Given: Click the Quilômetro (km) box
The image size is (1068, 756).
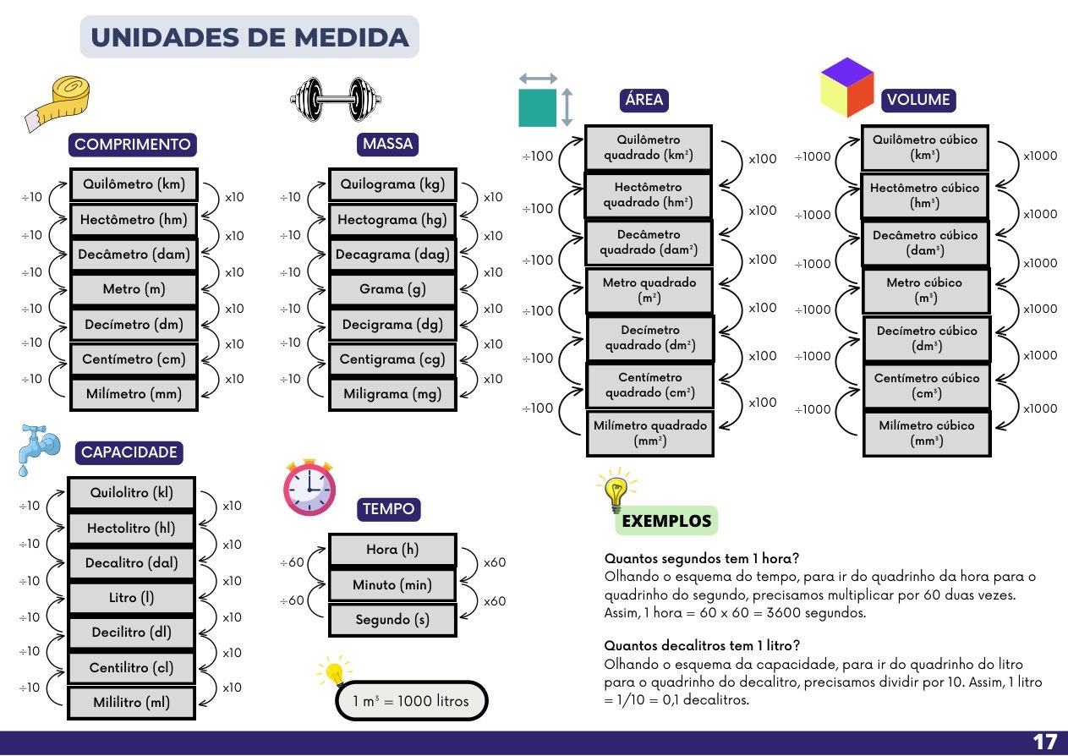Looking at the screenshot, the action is pyautogui.click(x=134, y=184).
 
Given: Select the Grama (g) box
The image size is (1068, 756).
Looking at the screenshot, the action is pyautogui.click(x=392, y=289).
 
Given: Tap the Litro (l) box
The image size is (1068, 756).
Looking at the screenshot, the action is pyautogui.click(x=132, y=597).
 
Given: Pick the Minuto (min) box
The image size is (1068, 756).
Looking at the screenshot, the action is pyautogui.click(x=392, y=584).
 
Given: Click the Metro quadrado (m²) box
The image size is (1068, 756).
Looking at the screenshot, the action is pyautogui.click(x=649, y=290).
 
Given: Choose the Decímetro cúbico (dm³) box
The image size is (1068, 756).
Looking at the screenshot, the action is pyautogui.click(x=927, y=338).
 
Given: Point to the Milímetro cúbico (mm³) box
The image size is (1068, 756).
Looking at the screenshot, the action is pyautogui.click(x=927, y=433).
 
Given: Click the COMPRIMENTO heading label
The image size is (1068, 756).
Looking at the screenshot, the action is pyautogui.click(x=133, y=145).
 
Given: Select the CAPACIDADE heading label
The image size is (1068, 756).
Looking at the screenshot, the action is pyautogui.click(x=129, y=452).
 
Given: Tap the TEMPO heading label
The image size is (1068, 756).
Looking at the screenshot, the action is pyautogui.click(x=389, y=509).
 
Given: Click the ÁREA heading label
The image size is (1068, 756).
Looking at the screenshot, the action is pyautogui.click(x=644, y=100).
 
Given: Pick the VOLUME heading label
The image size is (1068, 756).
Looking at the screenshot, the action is pyautogui.click(x=918, y=100).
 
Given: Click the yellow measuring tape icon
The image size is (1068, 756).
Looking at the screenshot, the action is pyautogui.click(x=58, y=103).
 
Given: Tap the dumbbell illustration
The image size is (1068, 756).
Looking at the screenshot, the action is pyautogui.click(x=336, y=99).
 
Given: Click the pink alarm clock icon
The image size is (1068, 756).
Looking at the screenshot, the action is pyautogui.click(x=309, y=487).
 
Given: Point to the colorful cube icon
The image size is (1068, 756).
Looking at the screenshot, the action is pyautogui.click(x=846, y=87).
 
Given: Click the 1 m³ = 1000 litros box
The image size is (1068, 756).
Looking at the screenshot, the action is pyautogui.click(x=412, y=701).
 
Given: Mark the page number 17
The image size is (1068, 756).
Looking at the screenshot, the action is pyautogui.click(x=1044, y=742).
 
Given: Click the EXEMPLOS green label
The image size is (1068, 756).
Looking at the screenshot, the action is pyautogui.click(x=666, y=521).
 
